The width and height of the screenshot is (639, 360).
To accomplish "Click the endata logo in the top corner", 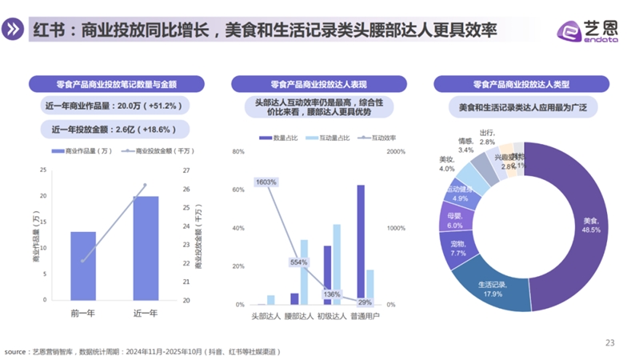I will pyautogui.click(x=588, y=30).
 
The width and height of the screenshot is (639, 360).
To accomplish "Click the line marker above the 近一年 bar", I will pyautogui.click(x=146, y=186).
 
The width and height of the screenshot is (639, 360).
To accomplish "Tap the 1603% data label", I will pyautogui.click(x=266, y=182).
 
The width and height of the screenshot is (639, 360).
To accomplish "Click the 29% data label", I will pyautogui.click(x=365, y=302).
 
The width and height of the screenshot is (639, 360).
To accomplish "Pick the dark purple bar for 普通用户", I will pyautogui.click(x=361, y=244).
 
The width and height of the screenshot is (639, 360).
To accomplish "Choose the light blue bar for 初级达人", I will pyautogui.click(x=337, y=264).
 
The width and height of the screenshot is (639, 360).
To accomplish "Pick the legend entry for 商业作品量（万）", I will pyautogui.click(x=82, y=150).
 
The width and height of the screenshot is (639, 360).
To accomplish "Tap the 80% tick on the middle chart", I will pyautogui.click(x=238, y=151).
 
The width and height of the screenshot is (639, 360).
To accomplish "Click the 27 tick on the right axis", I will pyautogui.click(x=187, y=170).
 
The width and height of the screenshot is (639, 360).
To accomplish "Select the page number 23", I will pyautogui.click(x=609, y=342).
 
